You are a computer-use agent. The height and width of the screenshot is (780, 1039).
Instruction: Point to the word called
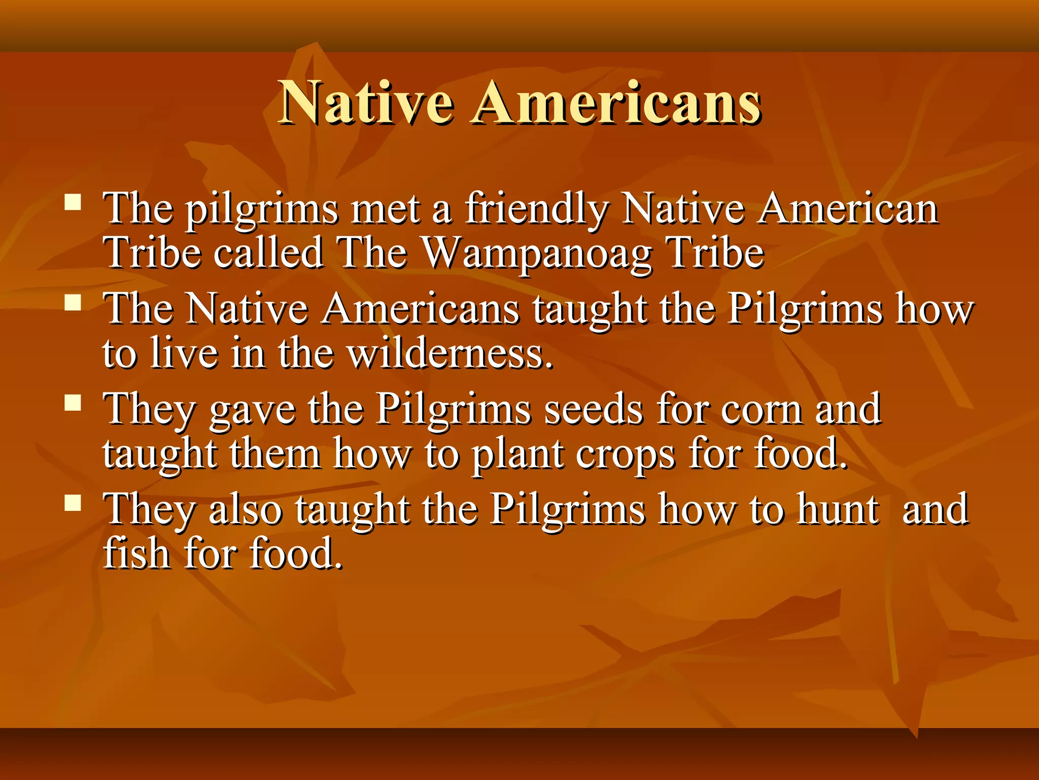(268, 253)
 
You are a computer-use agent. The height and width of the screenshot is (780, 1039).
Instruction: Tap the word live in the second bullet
(185, 353)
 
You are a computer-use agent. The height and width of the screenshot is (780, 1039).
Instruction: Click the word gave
(252, 410)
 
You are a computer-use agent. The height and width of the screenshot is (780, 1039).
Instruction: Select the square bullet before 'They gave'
(73, 403)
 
